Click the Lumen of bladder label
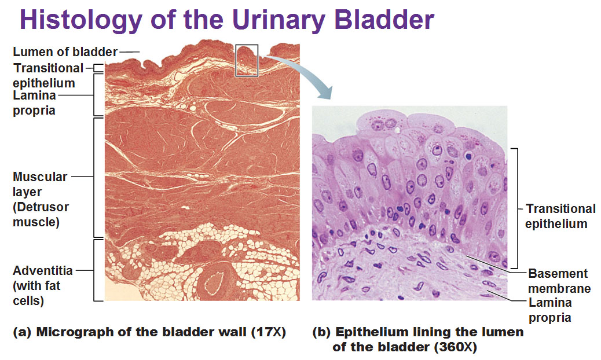(65, 52)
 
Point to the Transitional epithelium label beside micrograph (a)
(48, 75)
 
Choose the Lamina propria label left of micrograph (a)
(35, 102)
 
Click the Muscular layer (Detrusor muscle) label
(41, 199)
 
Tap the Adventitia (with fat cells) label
(42, 285)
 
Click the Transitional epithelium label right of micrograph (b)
(560, 216)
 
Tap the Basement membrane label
(559, 281)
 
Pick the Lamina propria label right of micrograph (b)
(550, 310)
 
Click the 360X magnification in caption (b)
(455, 347)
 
